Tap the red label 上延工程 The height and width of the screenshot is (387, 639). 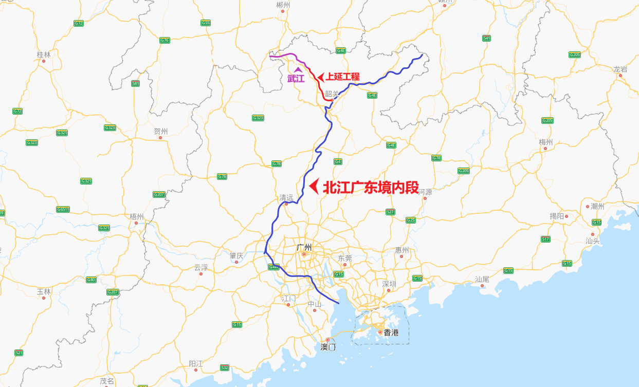[342, 77]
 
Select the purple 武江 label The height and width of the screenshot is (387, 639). [296, 79]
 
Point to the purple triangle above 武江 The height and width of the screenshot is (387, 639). [297, 69]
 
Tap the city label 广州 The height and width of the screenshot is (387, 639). [304, 247]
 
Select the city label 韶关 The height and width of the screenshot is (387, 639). [332, 94]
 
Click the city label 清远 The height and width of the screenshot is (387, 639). [286, 198]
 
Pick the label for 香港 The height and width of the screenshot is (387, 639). [391, 333]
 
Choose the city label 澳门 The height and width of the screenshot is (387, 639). [328, 347]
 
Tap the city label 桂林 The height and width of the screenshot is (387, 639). [44, 54]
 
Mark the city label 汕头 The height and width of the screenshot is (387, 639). [592, 241]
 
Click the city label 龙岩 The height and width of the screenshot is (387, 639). [620, 69]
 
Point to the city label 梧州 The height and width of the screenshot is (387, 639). [137, 216]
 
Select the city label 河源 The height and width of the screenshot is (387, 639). [425, 192]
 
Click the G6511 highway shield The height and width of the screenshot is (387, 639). [63, 209]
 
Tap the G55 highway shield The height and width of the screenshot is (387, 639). [206, 23]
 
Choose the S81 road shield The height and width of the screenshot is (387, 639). [136, 83]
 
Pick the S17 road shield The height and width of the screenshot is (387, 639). [545, 239]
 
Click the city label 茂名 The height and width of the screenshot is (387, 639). [107, 381]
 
